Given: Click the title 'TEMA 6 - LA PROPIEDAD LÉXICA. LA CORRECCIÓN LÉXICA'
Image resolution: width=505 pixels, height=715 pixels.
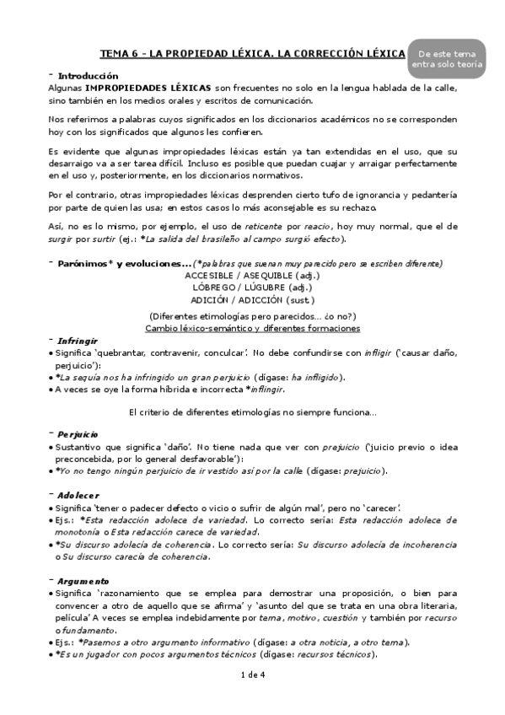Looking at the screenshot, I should tap(252, 53).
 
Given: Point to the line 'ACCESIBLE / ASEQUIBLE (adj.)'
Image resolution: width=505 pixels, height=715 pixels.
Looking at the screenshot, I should tap(252, 276).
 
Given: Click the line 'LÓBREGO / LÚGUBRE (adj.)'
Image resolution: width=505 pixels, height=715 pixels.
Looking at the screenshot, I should tap(252, 288).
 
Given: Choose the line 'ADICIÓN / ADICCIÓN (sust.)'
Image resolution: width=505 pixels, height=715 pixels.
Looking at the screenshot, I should tap(252, 299).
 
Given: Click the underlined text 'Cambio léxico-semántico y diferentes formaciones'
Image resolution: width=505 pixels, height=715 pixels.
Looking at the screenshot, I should tap(252, 327).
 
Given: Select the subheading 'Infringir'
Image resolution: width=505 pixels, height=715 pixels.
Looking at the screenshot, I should tap(78, 341).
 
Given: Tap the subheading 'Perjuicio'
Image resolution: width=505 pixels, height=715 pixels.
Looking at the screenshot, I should tap(78, 433).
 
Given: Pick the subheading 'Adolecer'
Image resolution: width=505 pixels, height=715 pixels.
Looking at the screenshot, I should tap(78, 495).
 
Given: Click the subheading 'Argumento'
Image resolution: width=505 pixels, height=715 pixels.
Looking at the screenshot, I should tap(83, 582).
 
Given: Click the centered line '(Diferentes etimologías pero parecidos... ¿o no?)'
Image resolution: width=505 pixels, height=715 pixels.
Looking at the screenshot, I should tap(252, 315).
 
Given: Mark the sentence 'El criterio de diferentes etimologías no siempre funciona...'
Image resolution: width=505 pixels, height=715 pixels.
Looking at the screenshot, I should tap(252, 411).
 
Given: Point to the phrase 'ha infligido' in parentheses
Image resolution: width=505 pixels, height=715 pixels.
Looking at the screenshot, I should tap(309, 377).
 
